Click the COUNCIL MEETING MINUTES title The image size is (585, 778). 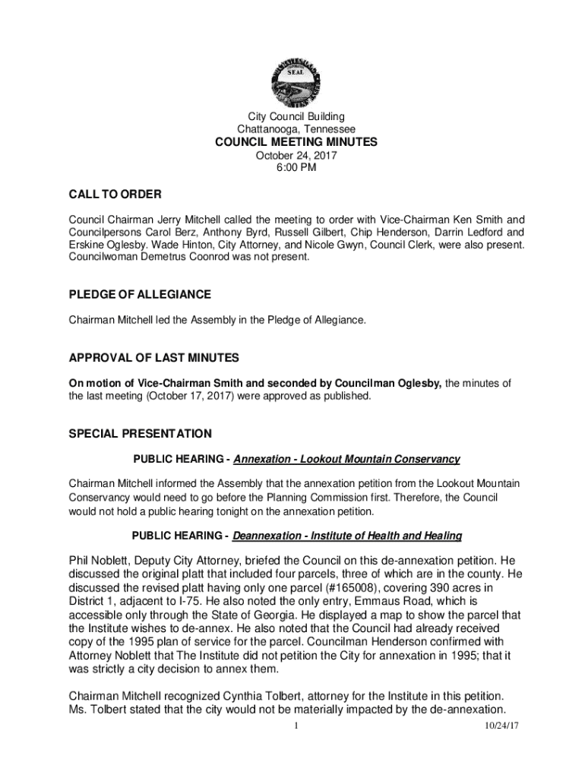tap(296, 143)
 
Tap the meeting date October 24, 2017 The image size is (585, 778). tap(296, 156)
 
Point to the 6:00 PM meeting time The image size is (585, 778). tap(296, 168)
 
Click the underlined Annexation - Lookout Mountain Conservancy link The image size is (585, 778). tap(347, 460)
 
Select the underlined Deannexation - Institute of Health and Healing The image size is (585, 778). tap(347, 536)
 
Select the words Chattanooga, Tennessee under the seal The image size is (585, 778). tap(296, 129)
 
